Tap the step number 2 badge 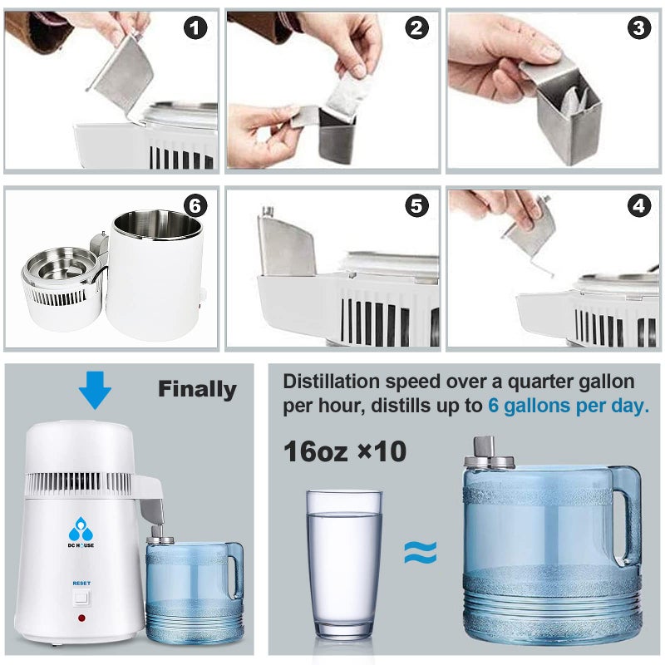[417, 29]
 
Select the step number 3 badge [638, 29]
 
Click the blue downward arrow [96, 389]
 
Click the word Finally [197, 389]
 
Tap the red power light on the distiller [81, 618]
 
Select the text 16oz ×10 [344, 451]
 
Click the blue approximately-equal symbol [421, 553]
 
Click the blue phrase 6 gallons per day [569, 406]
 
